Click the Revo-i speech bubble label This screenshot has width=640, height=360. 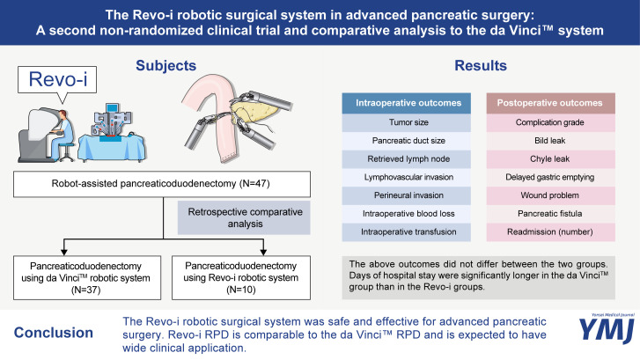[x=57, y=79]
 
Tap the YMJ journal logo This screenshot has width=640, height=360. [x=607, y=328]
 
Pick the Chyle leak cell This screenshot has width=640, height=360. [x=550, y=158]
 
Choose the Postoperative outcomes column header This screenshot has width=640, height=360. [x=550, y=103]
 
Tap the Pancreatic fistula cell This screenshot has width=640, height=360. [x=550, y=214]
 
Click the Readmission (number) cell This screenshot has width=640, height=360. [x=550, y=231]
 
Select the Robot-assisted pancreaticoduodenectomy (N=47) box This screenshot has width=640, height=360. [x=162, y=184]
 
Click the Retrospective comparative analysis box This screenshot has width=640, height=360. [x=244, y=217]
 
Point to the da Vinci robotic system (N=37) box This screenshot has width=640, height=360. [x=87, y=278]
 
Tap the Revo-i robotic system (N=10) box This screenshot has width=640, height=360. [x=241, y=278]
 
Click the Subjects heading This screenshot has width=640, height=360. [x=166, y=66]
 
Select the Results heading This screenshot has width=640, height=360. [x=481, y=66]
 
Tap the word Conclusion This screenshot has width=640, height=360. [x=54, y=333]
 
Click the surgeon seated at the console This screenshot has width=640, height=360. [x=62, y=135]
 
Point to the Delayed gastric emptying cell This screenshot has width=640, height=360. [x=550, y=177]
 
